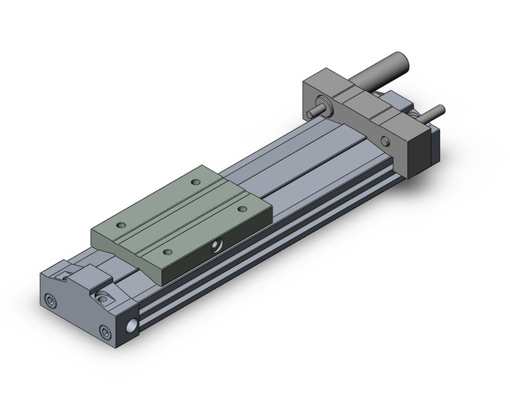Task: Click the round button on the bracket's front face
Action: [x=385, y=141]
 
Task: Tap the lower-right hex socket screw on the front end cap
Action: [x=104, y=331]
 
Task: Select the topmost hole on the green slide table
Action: [x=195, y=182]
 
